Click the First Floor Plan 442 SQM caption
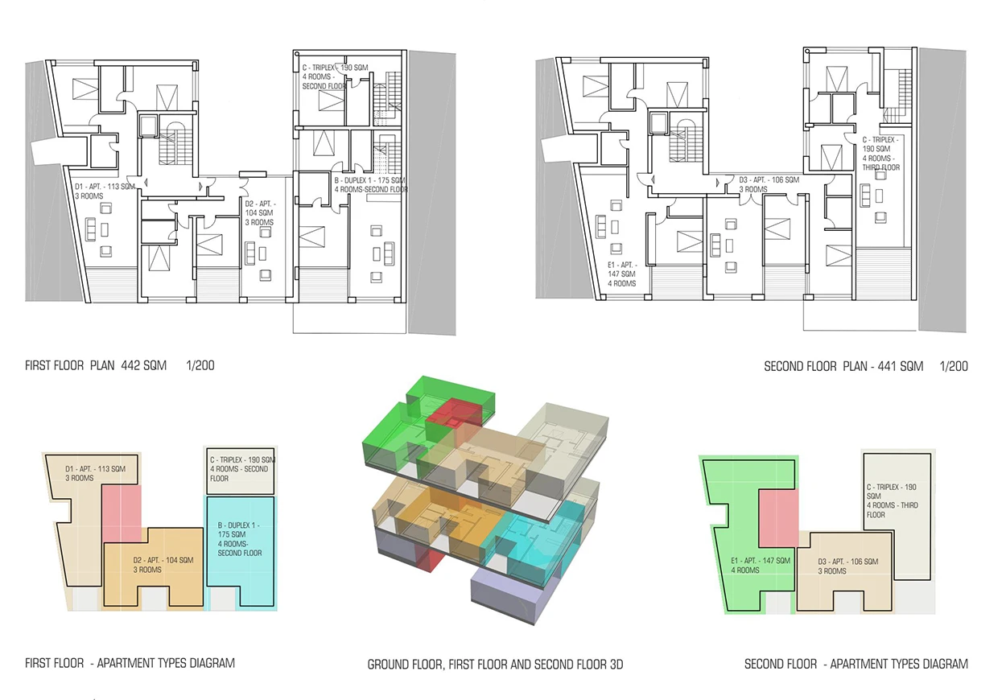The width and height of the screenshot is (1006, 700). [x=96, y=365]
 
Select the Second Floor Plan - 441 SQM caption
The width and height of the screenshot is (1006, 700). [x=843, y=366]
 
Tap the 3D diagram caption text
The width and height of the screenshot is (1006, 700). [x=496, y=665]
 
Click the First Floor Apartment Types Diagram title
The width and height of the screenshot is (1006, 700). [x=130, y=663]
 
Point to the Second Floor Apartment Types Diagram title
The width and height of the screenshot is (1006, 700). [x=856, y=664]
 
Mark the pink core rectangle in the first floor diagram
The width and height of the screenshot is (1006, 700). [x=122, y=513]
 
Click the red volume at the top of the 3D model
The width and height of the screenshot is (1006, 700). [x=454, y=412]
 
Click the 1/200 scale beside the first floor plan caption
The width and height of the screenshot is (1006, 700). [x=200, y=365]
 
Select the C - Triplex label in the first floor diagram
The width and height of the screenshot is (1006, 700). [x=242, y=469]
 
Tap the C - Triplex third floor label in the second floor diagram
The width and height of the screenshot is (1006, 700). [x=892, y=500]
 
